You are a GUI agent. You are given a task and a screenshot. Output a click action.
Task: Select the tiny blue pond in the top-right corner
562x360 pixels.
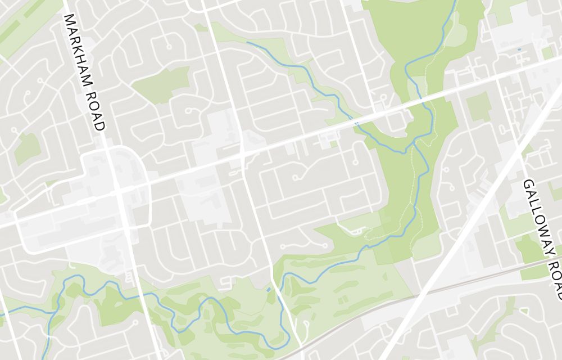coord(519,49)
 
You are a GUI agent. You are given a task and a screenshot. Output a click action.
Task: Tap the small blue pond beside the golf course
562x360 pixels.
coord(269,290)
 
